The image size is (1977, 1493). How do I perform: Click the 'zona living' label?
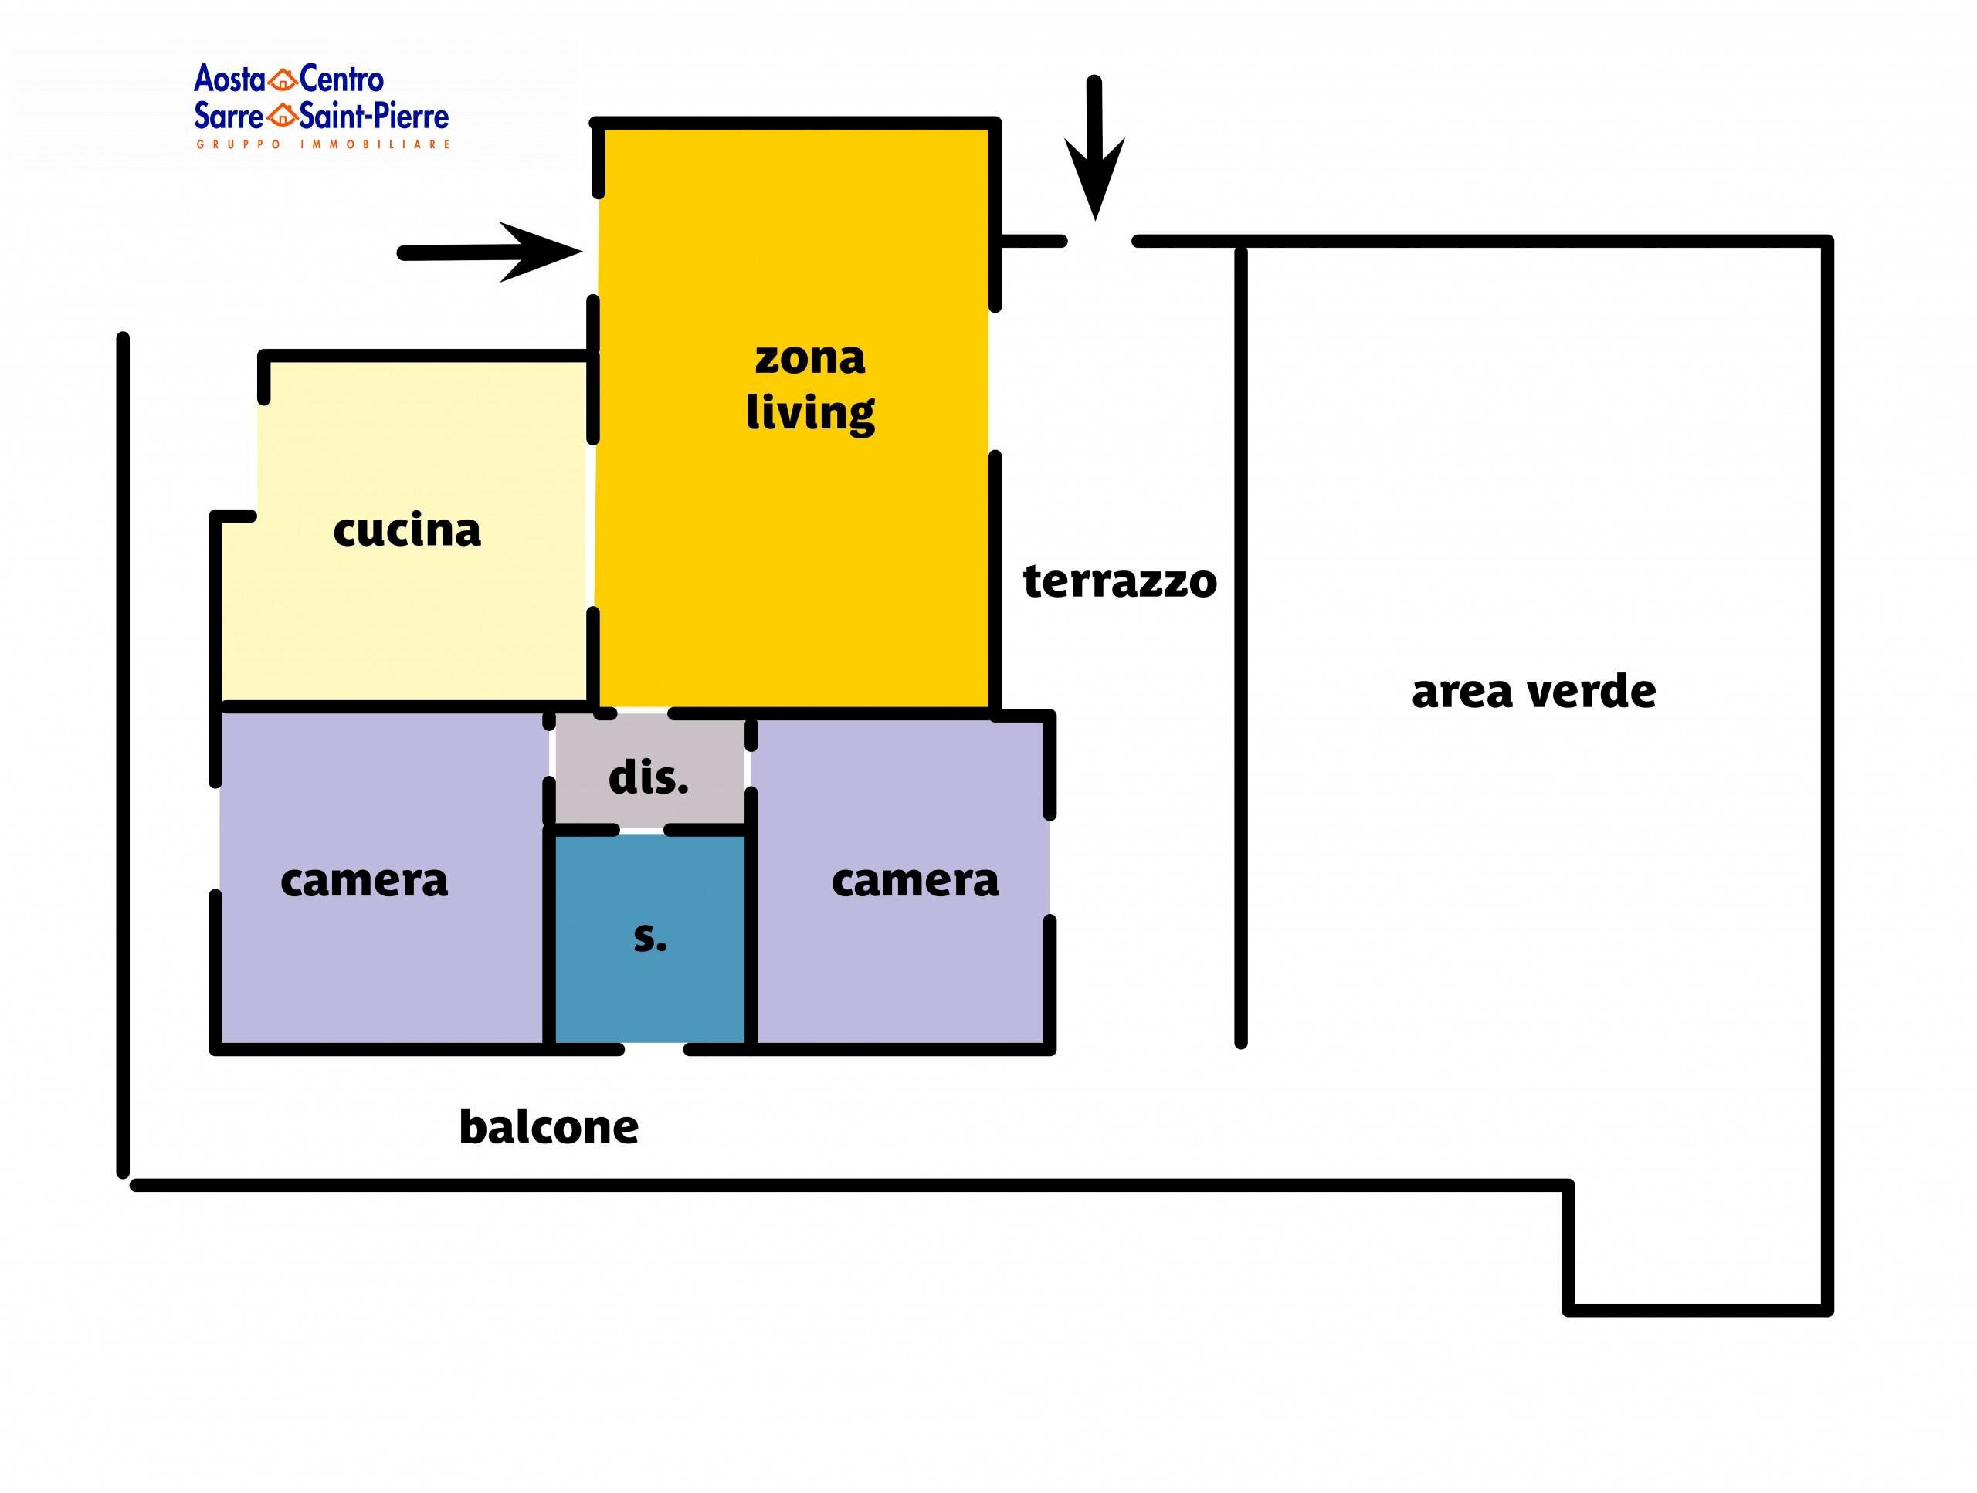click(810, 386)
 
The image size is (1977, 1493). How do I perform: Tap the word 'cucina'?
click(407, 530)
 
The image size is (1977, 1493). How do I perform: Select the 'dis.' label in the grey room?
click(649, 778)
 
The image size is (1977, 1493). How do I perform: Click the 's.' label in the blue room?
click(649, 937)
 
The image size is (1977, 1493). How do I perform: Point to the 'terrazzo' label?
click(1120, 581)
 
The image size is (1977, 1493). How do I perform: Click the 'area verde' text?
click(1534, 692)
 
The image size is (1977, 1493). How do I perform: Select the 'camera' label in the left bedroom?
click(364, 881)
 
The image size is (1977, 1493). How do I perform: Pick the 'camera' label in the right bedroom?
click(915, 881)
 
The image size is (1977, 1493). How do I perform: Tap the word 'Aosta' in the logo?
click(229, 80)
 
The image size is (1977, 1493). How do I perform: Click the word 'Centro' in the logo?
click(341, 80)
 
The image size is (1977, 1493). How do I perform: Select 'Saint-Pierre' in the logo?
click(375, 115)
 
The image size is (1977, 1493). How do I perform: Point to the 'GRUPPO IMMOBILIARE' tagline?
click(323, 144)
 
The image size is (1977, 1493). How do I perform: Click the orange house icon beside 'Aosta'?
click(283, 80)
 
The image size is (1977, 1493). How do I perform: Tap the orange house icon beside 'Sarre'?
click(283, 115)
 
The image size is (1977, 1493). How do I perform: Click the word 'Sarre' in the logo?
click(229, 115)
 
